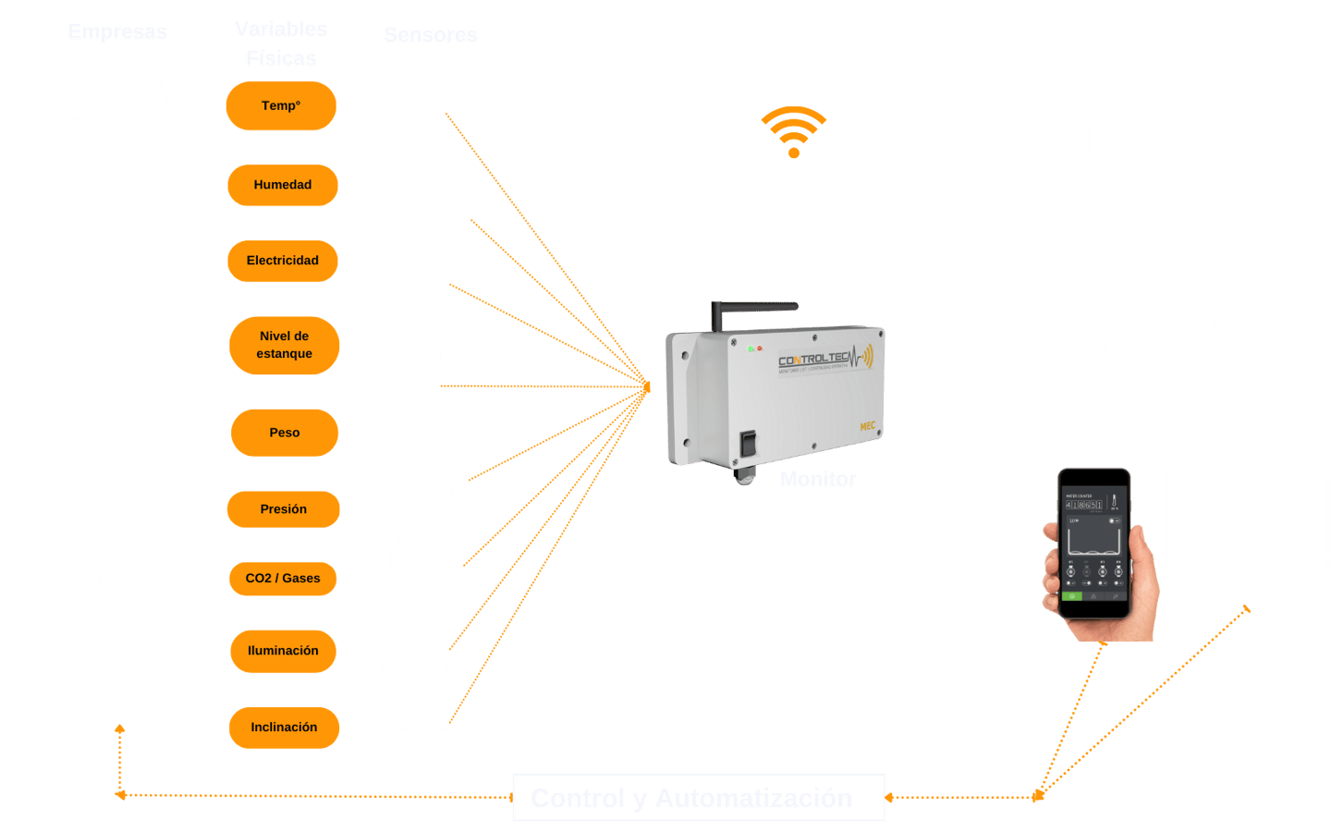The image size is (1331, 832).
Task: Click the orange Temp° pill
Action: click(281, 106)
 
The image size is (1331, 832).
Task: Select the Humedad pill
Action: click(283, 185)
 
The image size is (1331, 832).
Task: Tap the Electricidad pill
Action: click(283, 261)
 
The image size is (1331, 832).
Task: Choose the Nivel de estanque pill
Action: click(285, 345)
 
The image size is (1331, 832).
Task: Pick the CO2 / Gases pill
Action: click(283, 579)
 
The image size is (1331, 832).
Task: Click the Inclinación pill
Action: click(284, 728)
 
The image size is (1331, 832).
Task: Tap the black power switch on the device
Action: click(748, 443)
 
